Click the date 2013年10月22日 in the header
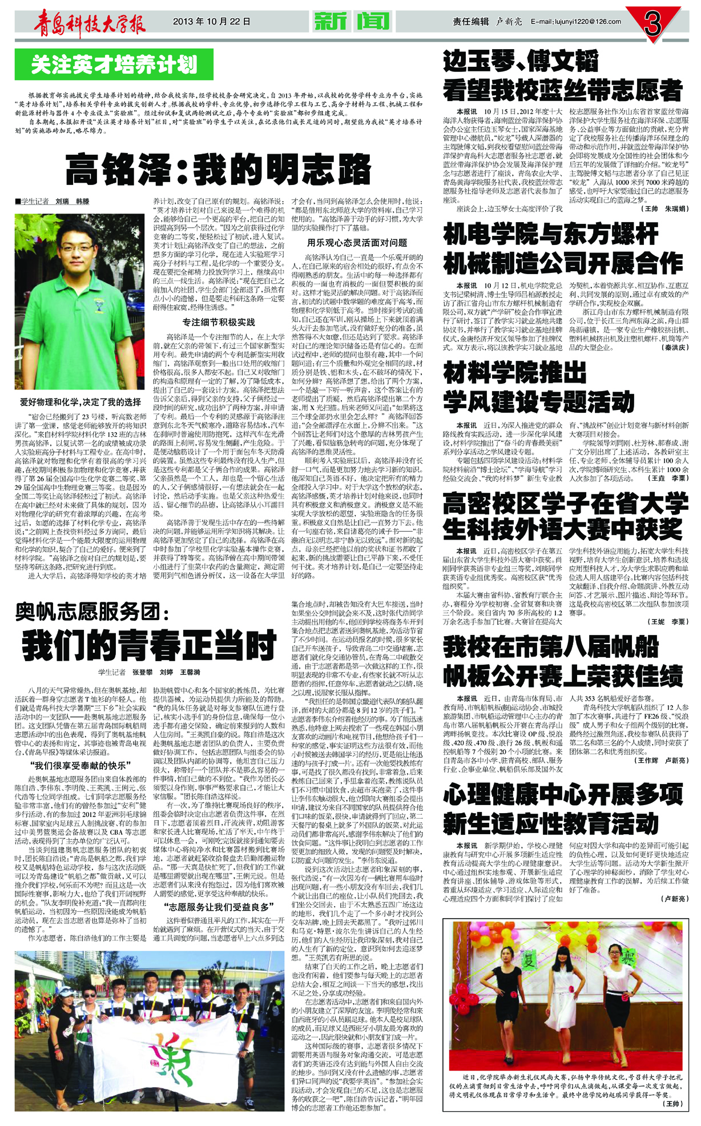click(x=211, y=22)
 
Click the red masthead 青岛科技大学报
click(x=89, y=22)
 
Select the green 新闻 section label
click(x=351, y=22)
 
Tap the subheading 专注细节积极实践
click(x=219, y=323)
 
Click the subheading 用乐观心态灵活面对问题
click(x=357, y=243)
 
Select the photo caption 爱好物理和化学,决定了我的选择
click(x=80, y=402)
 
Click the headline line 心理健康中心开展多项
click(x=563, y=794)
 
